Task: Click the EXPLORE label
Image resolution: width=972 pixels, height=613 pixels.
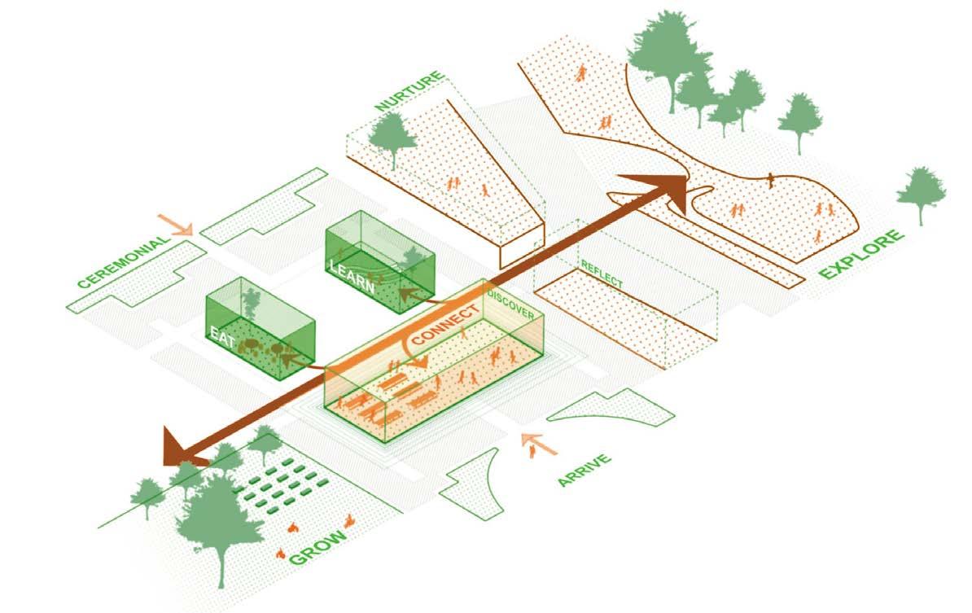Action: pyautogui.click(x=862, y=255)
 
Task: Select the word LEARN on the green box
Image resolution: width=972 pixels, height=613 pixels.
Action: pyautogui.click(x=352, y=276)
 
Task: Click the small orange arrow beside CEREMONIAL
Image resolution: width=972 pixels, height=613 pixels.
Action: pyautogui.click(x=176, y=224)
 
